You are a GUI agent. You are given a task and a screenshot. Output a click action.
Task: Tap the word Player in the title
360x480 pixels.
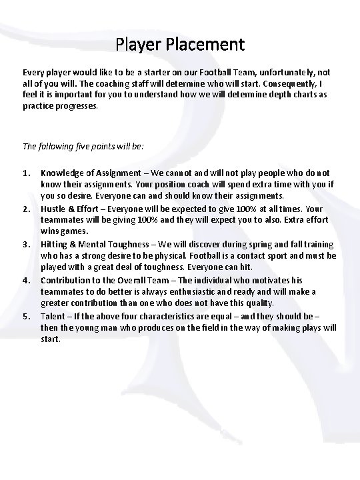click(137, 45)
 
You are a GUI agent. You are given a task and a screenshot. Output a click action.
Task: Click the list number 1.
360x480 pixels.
click(27, 173)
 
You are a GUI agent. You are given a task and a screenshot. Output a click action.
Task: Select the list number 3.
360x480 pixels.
click(27, 245)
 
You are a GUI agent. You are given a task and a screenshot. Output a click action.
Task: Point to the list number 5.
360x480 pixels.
click(27, 316)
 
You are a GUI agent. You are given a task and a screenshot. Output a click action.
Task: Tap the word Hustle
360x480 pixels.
click(53, 209)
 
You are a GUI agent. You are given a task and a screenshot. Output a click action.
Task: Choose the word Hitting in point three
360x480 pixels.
click(54, 245)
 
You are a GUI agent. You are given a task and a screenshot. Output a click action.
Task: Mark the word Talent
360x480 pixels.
click(53, 316)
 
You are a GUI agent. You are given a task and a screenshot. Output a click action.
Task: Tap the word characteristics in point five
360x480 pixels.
click(174, 316)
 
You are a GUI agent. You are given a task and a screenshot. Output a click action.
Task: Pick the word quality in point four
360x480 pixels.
click(259, 303)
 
